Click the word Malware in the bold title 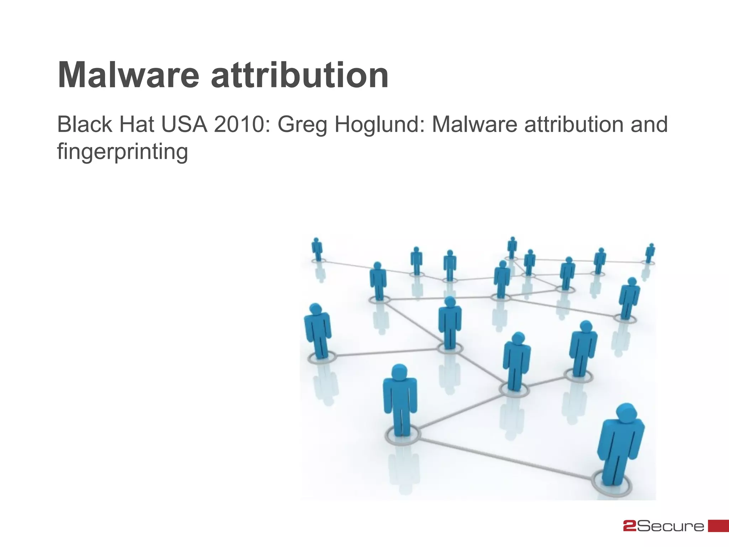point(129,75)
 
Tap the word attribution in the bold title point(300,75)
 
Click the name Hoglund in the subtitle point(379,125)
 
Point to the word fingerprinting point(122,152)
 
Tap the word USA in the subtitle point(184,125)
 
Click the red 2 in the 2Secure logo point(630,526)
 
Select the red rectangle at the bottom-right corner point(718,526)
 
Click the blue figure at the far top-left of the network point(317,249)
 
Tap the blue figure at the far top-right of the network point(650,253)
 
